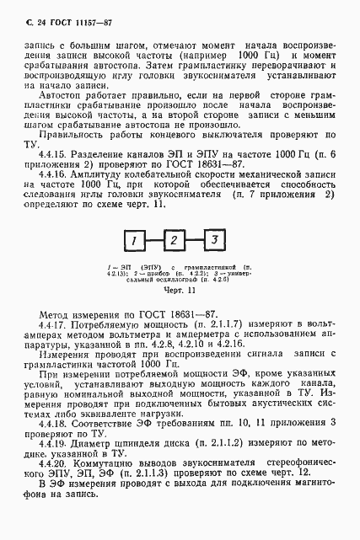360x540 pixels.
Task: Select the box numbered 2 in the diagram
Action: pos(174,242)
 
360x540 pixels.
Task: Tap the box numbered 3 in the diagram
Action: pos(214,242)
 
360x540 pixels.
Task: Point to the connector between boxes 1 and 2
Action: pos(154,242)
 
